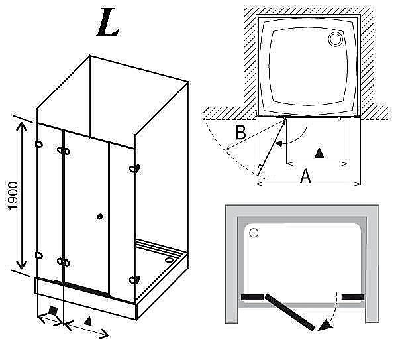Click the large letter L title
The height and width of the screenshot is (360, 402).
(108, 23)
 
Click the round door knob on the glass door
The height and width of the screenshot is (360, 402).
(99, 216)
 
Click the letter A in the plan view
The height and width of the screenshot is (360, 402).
(305, 176)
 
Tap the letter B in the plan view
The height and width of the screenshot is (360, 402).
(241, 133)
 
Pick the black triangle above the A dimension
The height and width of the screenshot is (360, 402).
(319, 153)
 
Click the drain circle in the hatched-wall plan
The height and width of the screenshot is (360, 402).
(332, 40)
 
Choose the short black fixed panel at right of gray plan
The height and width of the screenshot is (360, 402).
(353, 296)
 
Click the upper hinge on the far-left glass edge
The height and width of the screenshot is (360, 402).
(39, 143)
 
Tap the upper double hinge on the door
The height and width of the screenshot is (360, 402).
(64, 152)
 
